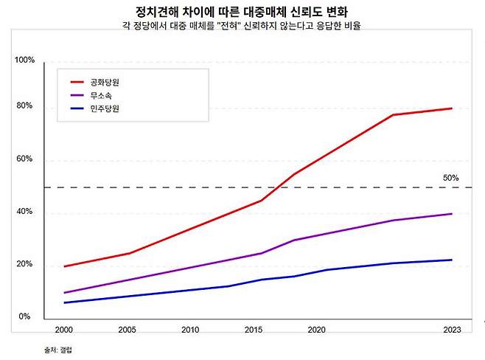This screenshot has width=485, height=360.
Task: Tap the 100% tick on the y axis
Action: click(25, 60)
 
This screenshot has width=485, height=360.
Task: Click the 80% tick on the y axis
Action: click(25, 106)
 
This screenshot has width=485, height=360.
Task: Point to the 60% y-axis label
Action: click(25, 159)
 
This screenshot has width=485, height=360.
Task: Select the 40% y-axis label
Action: click(25, 212)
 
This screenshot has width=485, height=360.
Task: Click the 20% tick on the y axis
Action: click(25, 265)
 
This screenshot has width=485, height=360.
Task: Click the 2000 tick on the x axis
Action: click(65, 330)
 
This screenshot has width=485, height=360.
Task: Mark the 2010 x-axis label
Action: click(191, 330)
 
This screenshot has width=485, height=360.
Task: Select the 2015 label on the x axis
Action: click(254, 330)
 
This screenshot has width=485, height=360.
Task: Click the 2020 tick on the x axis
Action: click(317, 330)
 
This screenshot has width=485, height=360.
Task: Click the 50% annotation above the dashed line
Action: click(450, 178)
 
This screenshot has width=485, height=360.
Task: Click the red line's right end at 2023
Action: click(451, 108)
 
